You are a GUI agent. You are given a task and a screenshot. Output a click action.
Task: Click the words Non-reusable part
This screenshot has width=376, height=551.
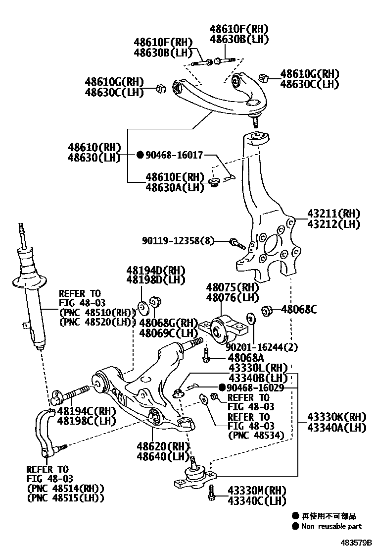pyautogui.click(x=331, y=526)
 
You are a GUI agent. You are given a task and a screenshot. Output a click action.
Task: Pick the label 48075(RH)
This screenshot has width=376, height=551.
pyautogui.click(x=233, y=287)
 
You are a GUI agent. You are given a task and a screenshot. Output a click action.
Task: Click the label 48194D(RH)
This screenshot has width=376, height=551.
pyautogui.click(x=155, y=271)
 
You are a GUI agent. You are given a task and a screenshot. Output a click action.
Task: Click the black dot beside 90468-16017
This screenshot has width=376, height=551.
pyautogui.click(x=140, y=155)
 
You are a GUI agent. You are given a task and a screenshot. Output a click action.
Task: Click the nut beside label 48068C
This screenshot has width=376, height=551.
pyautogui.click(x=267, y=311)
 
